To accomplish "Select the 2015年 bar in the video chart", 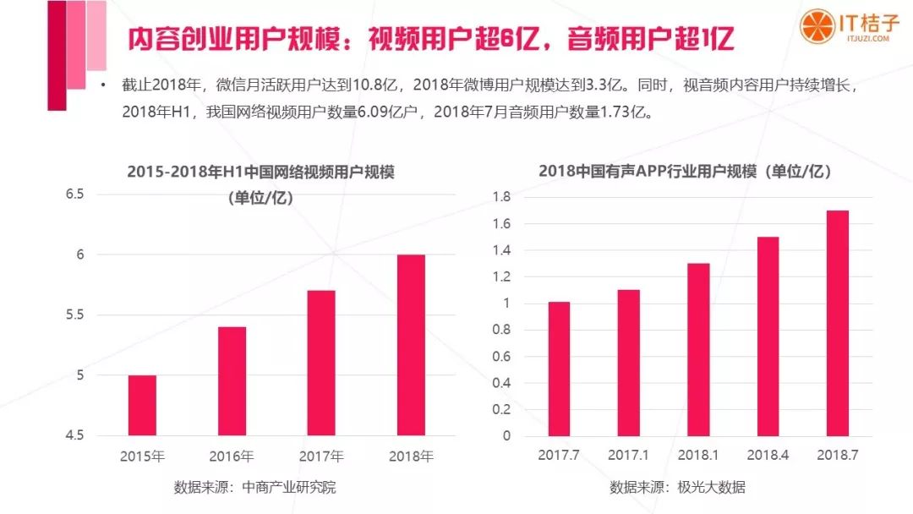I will point(141,405).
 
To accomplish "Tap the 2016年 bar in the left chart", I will point(232,380).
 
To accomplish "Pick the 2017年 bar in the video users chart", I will point(321,363).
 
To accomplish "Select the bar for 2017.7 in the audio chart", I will point(559,369).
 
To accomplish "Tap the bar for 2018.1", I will point(698,349).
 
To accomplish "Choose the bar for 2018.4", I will point(768,336).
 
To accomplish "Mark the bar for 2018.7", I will point(837,323).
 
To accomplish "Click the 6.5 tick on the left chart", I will point(75,194).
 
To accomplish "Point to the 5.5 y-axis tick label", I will point(75,314).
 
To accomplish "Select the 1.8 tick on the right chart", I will point(501,197).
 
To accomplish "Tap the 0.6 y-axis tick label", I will point(501,357).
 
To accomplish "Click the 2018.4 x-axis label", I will point(768,456).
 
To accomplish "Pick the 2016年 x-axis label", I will point(232,457).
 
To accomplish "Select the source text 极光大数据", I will point(711,488).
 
